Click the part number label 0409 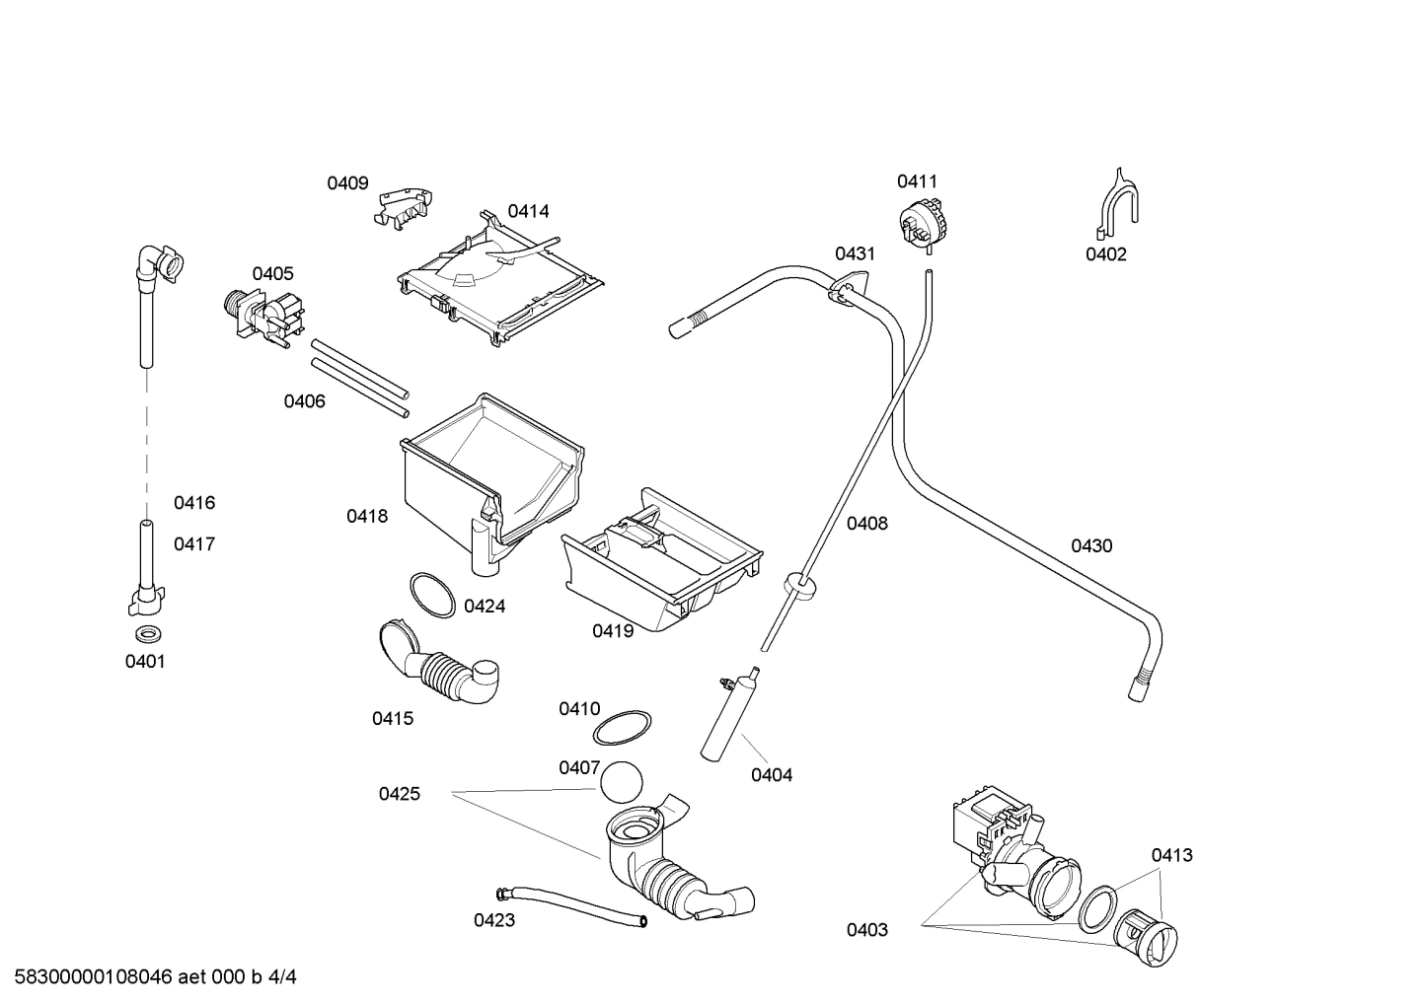coord(347,183)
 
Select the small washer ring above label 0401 coord(147,631)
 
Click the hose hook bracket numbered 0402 coord(1117,205)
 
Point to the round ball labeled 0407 coord(621,783)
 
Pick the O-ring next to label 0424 coord(432,594)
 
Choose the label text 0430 coord(1091,546)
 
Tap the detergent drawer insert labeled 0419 coord(661,567)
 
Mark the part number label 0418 coord(367,516)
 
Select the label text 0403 coord(866,930)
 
